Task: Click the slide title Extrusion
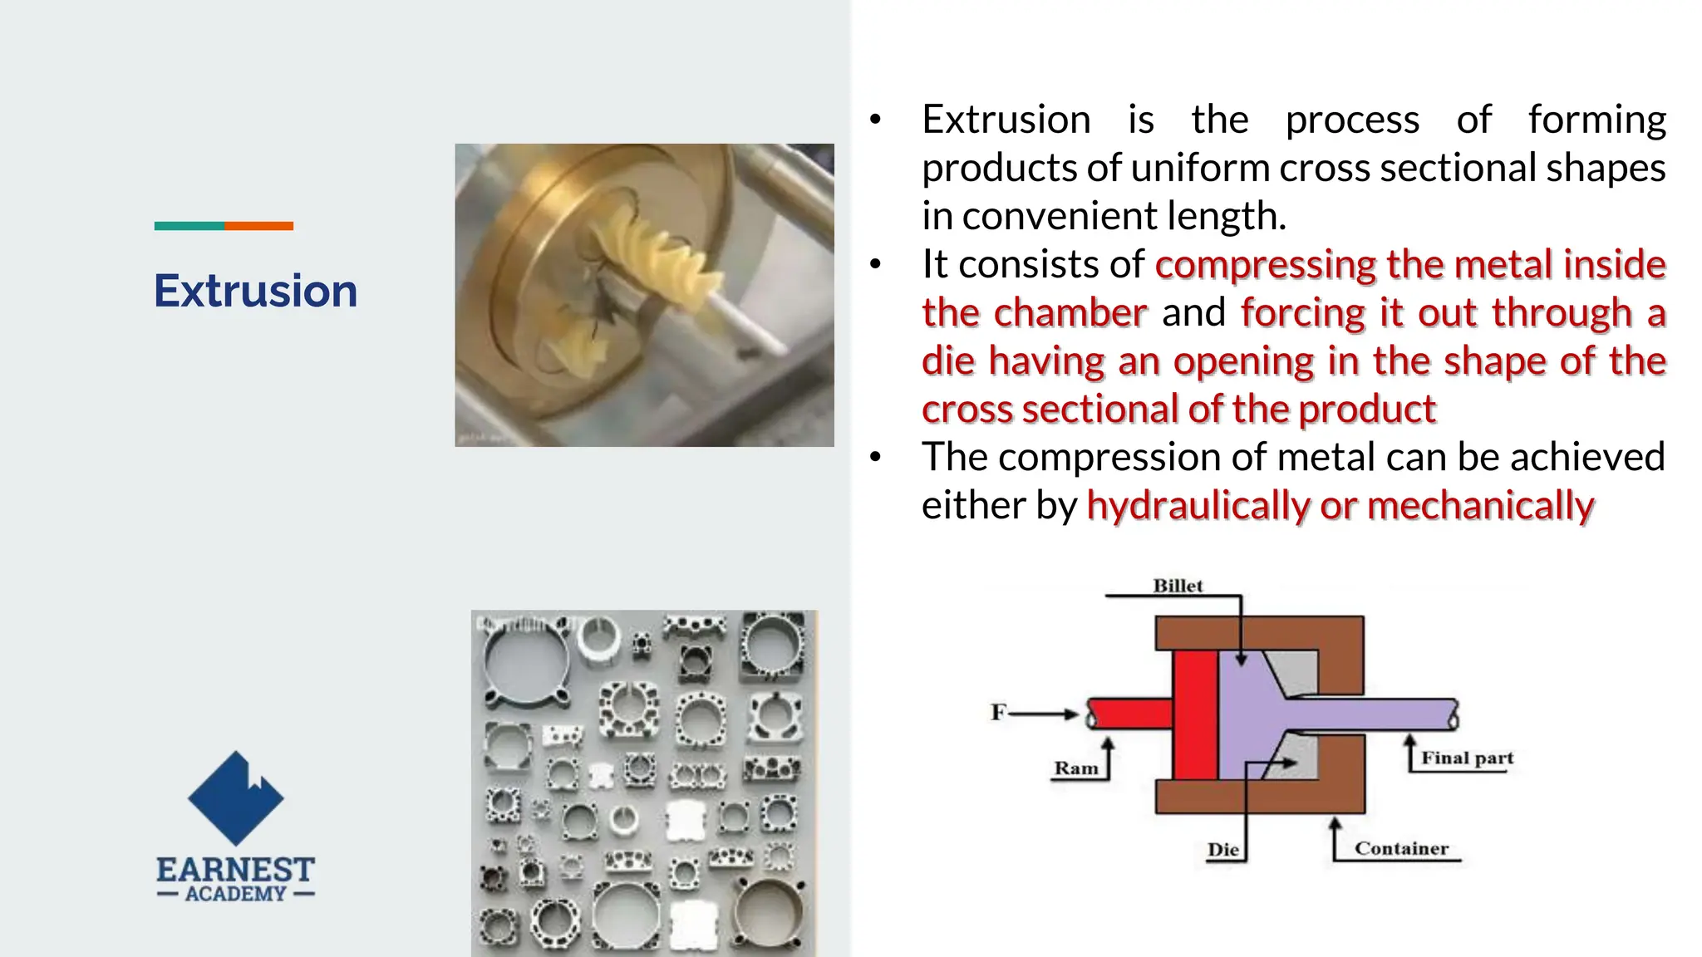[x=255, y=291]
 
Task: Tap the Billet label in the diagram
[x=1177, y=586]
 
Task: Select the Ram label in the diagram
[x=1076, y=768]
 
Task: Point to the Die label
[x=1222, y=850]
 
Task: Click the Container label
[x=1401, y=848]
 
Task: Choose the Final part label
[x=1467, y=758]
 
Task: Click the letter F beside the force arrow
[x=998, y=713]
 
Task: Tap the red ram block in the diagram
[x=1195, y=714]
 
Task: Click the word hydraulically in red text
[x=1197, y=506]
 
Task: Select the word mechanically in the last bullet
[x=1480, y=506]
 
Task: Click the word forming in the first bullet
[x=1596, y=120]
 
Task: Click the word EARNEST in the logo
[x=235, y=870]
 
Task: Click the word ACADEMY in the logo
[x=235, y=894]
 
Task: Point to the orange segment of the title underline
[x=258, y=226]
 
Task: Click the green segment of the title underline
[x=189, y=226]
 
